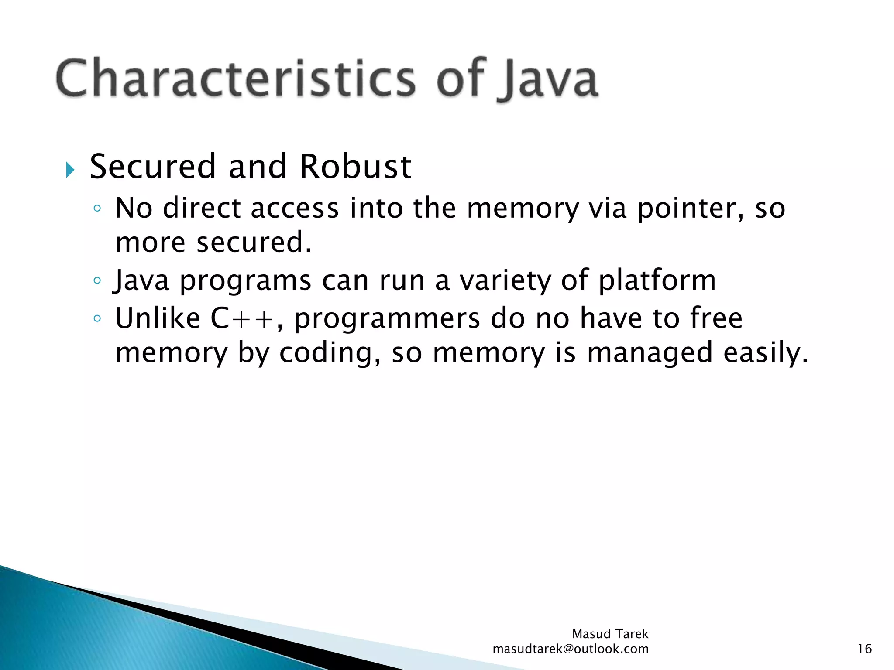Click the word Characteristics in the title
[x=236, y=79]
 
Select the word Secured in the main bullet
[x=153, y=167]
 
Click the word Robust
[x=355, y=167]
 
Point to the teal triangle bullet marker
[x=70, y=170]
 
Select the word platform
[x=657, y=280]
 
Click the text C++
[x=242, y=318]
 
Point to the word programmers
[x=387, y=319]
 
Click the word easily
[x=766, y=353]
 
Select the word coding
[x=330, y=353]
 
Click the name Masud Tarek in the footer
[x=610, y=634]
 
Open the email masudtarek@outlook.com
[x=570, y=649]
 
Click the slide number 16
[x=864, y=649]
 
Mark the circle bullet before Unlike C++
[x=97, y=318]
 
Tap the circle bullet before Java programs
[x=97, y=280]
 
